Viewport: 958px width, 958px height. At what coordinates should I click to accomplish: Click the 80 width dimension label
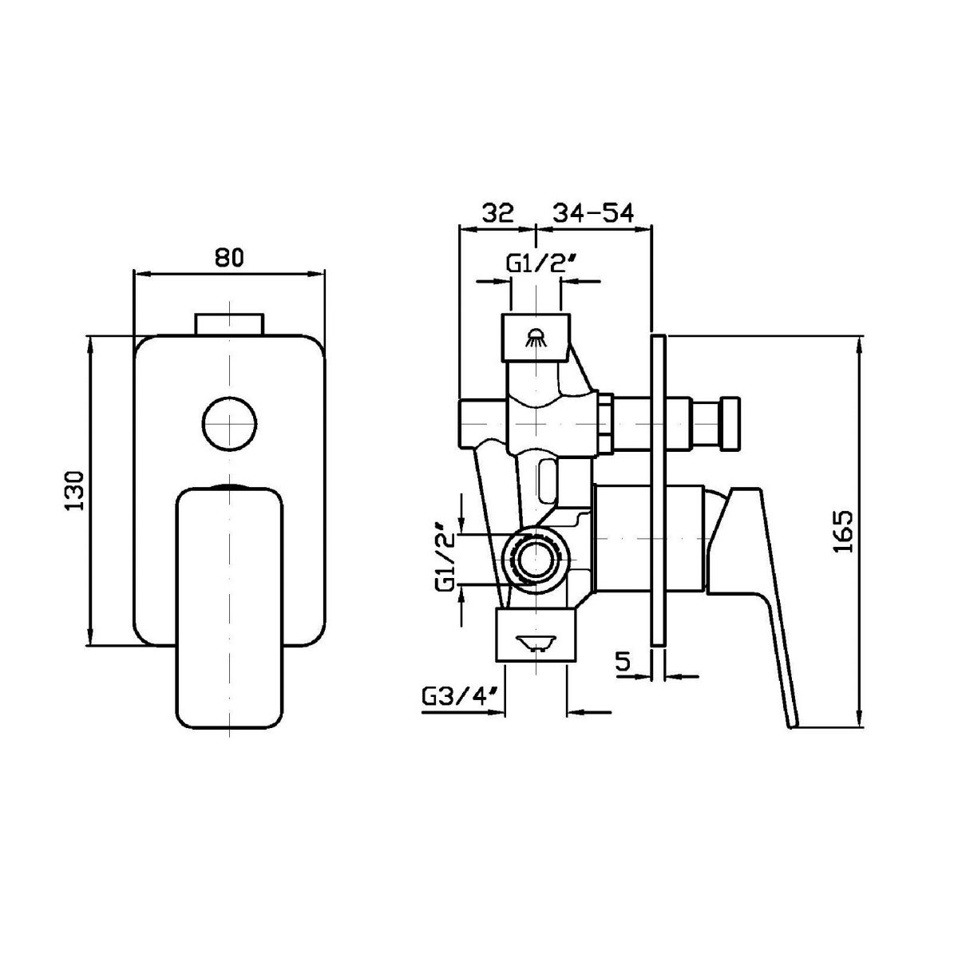(229, 258)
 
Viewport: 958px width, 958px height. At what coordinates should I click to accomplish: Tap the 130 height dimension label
(76, 491)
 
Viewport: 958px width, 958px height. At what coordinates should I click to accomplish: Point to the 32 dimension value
(497, 213)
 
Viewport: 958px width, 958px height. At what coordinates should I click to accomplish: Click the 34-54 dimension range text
(594, 213)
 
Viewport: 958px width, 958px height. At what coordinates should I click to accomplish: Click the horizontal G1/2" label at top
(538, 263)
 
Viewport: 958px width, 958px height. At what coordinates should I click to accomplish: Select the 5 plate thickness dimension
(623, 662)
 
